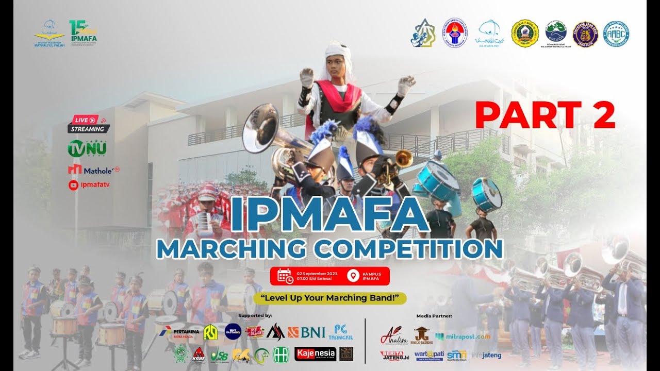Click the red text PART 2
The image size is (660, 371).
tap(545, 115)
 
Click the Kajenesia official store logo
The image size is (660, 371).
tap(315, 353)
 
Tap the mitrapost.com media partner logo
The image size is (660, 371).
tap(463, 336)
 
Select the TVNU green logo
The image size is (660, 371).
tap(87, 149)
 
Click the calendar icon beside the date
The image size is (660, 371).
tap(285, 276)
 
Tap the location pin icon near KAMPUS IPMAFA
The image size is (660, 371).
tap(353, 276)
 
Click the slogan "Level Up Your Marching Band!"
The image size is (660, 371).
tap(330, 298)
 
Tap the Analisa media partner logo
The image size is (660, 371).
tap(393, 336)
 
